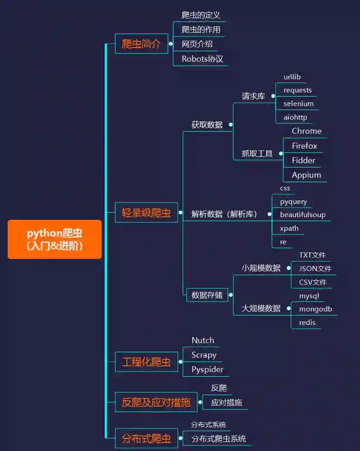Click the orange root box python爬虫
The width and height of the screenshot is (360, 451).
pos(54,239)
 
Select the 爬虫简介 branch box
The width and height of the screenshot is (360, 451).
pos(141,44)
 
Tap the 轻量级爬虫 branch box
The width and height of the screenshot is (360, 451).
pos(146,213)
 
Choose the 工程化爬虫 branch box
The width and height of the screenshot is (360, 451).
pos(146,362)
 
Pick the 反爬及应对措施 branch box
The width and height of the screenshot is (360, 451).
pos(156,402)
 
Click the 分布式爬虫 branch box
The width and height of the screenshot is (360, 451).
pos(146,438)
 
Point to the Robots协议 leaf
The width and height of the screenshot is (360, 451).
pos(202,59)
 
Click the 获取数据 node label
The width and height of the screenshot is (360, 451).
pos(207,125)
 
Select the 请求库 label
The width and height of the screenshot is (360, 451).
pos(253,96)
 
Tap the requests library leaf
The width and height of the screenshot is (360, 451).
pos(297,90)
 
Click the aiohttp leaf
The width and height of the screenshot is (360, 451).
pos(295,117)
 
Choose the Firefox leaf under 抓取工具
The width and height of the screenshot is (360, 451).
pos(304,146)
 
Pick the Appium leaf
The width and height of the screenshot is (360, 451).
pos(306,175)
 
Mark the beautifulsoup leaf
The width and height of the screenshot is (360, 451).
pos(302,215)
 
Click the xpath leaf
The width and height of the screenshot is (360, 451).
pos(289,228)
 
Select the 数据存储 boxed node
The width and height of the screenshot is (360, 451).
pos(207,295)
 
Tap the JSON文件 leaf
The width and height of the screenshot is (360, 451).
pos(315,268)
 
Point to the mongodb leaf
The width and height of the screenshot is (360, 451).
pos(316,309)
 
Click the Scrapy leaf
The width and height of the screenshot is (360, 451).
pos(204,355)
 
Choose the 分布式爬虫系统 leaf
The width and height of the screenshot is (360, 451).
pos(219,439)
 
